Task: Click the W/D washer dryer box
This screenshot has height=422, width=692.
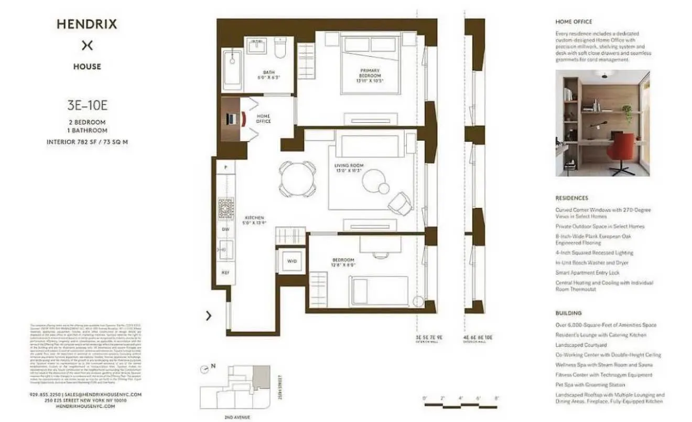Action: (292, 261)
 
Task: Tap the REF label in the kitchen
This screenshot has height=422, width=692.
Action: (226, 272)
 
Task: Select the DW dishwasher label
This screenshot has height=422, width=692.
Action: (226, 229)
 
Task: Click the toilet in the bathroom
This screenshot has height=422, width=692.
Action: (281, 48)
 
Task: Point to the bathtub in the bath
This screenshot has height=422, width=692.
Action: (231, 70)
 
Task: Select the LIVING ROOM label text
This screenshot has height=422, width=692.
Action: (349, 167)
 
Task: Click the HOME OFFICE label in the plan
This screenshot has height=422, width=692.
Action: (263, 119)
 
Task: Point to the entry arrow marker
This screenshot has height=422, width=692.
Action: (209, 315)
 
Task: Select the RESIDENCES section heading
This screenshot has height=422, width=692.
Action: (571, 198)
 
